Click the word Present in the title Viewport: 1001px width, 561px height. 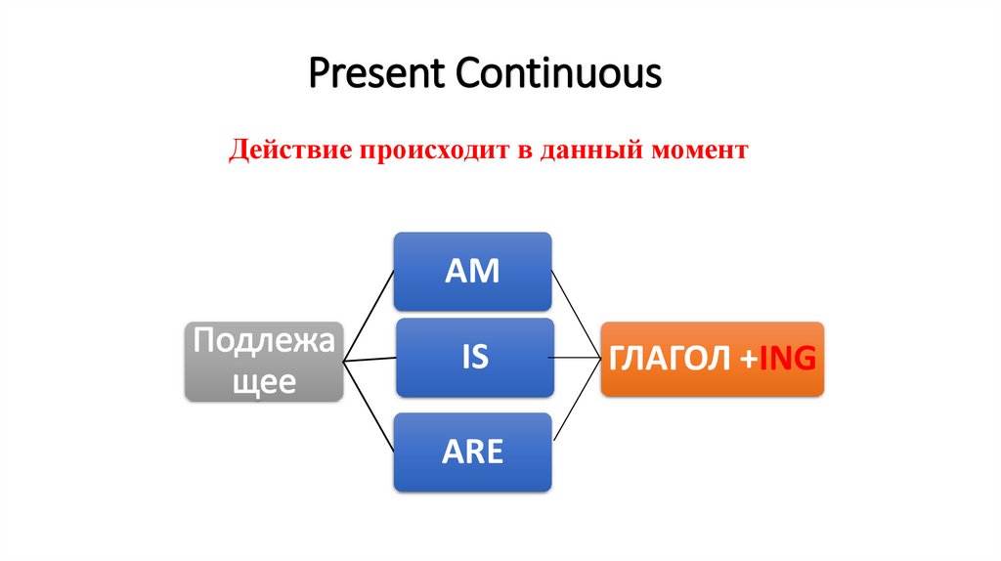(374, 73)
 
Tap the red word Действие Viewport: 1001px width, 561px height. (292, 151)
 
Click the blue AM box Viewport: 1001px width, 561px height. (472, 272)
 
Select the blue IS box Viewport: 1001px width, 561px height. (474, 358)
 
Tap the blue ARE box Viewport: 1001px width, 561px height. (472, 452)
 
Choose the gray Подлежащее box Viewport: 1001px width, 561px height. (264, 361)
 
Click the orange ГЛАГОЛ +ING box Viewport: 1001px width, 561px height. (712, 359)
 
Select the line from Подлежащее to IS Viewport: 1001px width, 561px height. (370, 359)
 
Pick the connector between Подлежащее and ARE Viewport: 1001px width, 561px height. (369, 407)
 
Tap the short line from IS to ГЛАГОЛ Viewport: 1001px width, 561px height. (577, 358)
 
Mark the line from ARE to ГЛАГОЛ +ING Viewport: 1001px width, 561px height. (576, 403)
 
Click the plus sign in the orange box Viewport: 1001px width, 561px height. (748, 360)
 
